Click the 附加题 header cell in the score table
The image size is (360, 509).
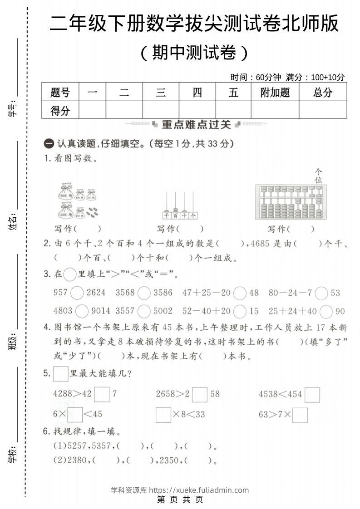click(275, 93)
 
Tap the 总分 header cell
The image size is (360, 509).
click(322, 93)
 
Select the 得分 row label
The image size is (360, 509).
click(60, 110)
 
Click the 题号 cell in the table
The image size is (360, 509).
click(60, 93)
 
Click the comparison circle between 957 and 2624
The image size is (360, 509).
click(77, 293)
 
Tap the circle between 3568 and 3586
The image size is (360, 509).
click(144, 293)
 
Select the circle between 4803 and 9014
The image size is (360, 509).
click(82, 311)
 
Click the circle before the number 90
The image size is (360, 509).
click(326, 311)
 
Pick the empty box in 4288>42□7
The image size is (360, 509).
click(102, 394)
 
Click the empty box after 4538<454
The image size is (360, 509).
click(312, 394)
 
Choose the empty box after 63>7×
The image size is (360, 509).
click(300, 415)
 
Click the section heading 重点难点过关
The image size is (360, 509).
click(196, 124)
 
